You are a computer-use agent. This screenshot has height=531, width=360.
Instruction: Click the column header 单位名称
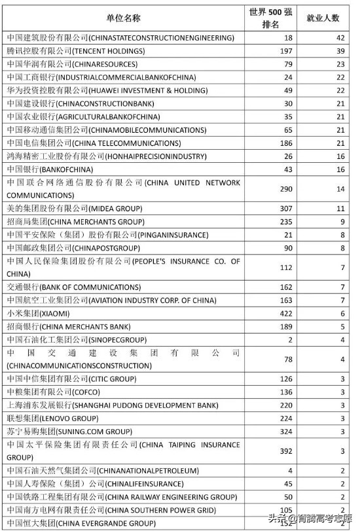tap(123, 18)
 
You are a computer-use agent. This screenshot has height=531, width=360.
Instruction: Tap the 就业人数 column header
tap(322, 18)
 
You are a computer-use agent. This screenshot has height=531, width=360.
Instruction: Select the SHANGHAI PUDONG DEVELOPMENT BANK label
tap(113, 405)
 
